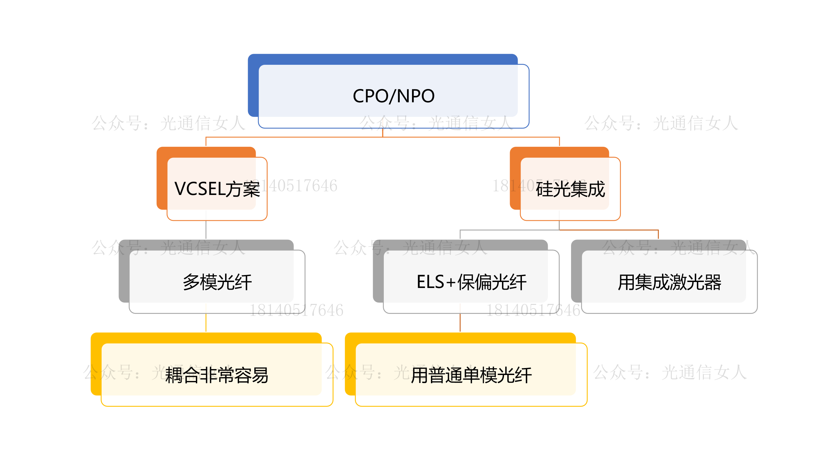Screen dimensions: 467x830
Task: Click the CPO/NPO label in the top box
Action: click(x=393, y=96)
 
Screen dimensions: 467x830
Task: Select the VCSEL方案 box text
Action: click(x=217, y=189)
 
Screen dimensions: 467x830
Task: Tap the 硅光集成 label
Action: click(x=570, y=189)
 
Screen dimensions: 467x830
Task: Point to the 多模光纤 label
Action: click(x=217, y=282)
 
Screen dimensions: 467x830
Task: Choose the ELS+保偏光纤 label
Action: click(x=471, y=282)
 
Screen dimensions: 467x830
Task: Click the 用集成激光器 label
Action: click(x=669, y=282)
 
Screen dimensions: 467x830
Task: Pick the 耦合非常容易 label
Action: click(x=217, y=375)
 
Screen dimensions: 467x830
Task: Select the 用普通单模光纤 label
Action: click(x=471, y=375)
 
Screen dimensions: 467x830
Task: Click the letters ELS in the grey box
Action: click(x=430, y=282)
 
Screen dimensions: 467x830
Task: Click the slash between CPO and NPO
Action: click(x=393, y=96)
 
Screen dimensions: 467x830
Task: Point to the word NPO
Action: click(x=416, y=96)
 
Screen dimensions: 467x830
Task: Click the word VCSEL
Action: click(x=201, y=189)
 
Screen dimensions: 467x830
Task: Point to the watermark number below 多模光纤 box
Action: click(x=296, y=310)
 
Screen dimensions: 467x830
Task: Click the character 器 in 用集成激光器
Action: click(x=712, y=282)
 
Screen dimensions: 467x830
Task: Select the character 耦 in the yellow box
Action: click(x=174, y=375)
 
